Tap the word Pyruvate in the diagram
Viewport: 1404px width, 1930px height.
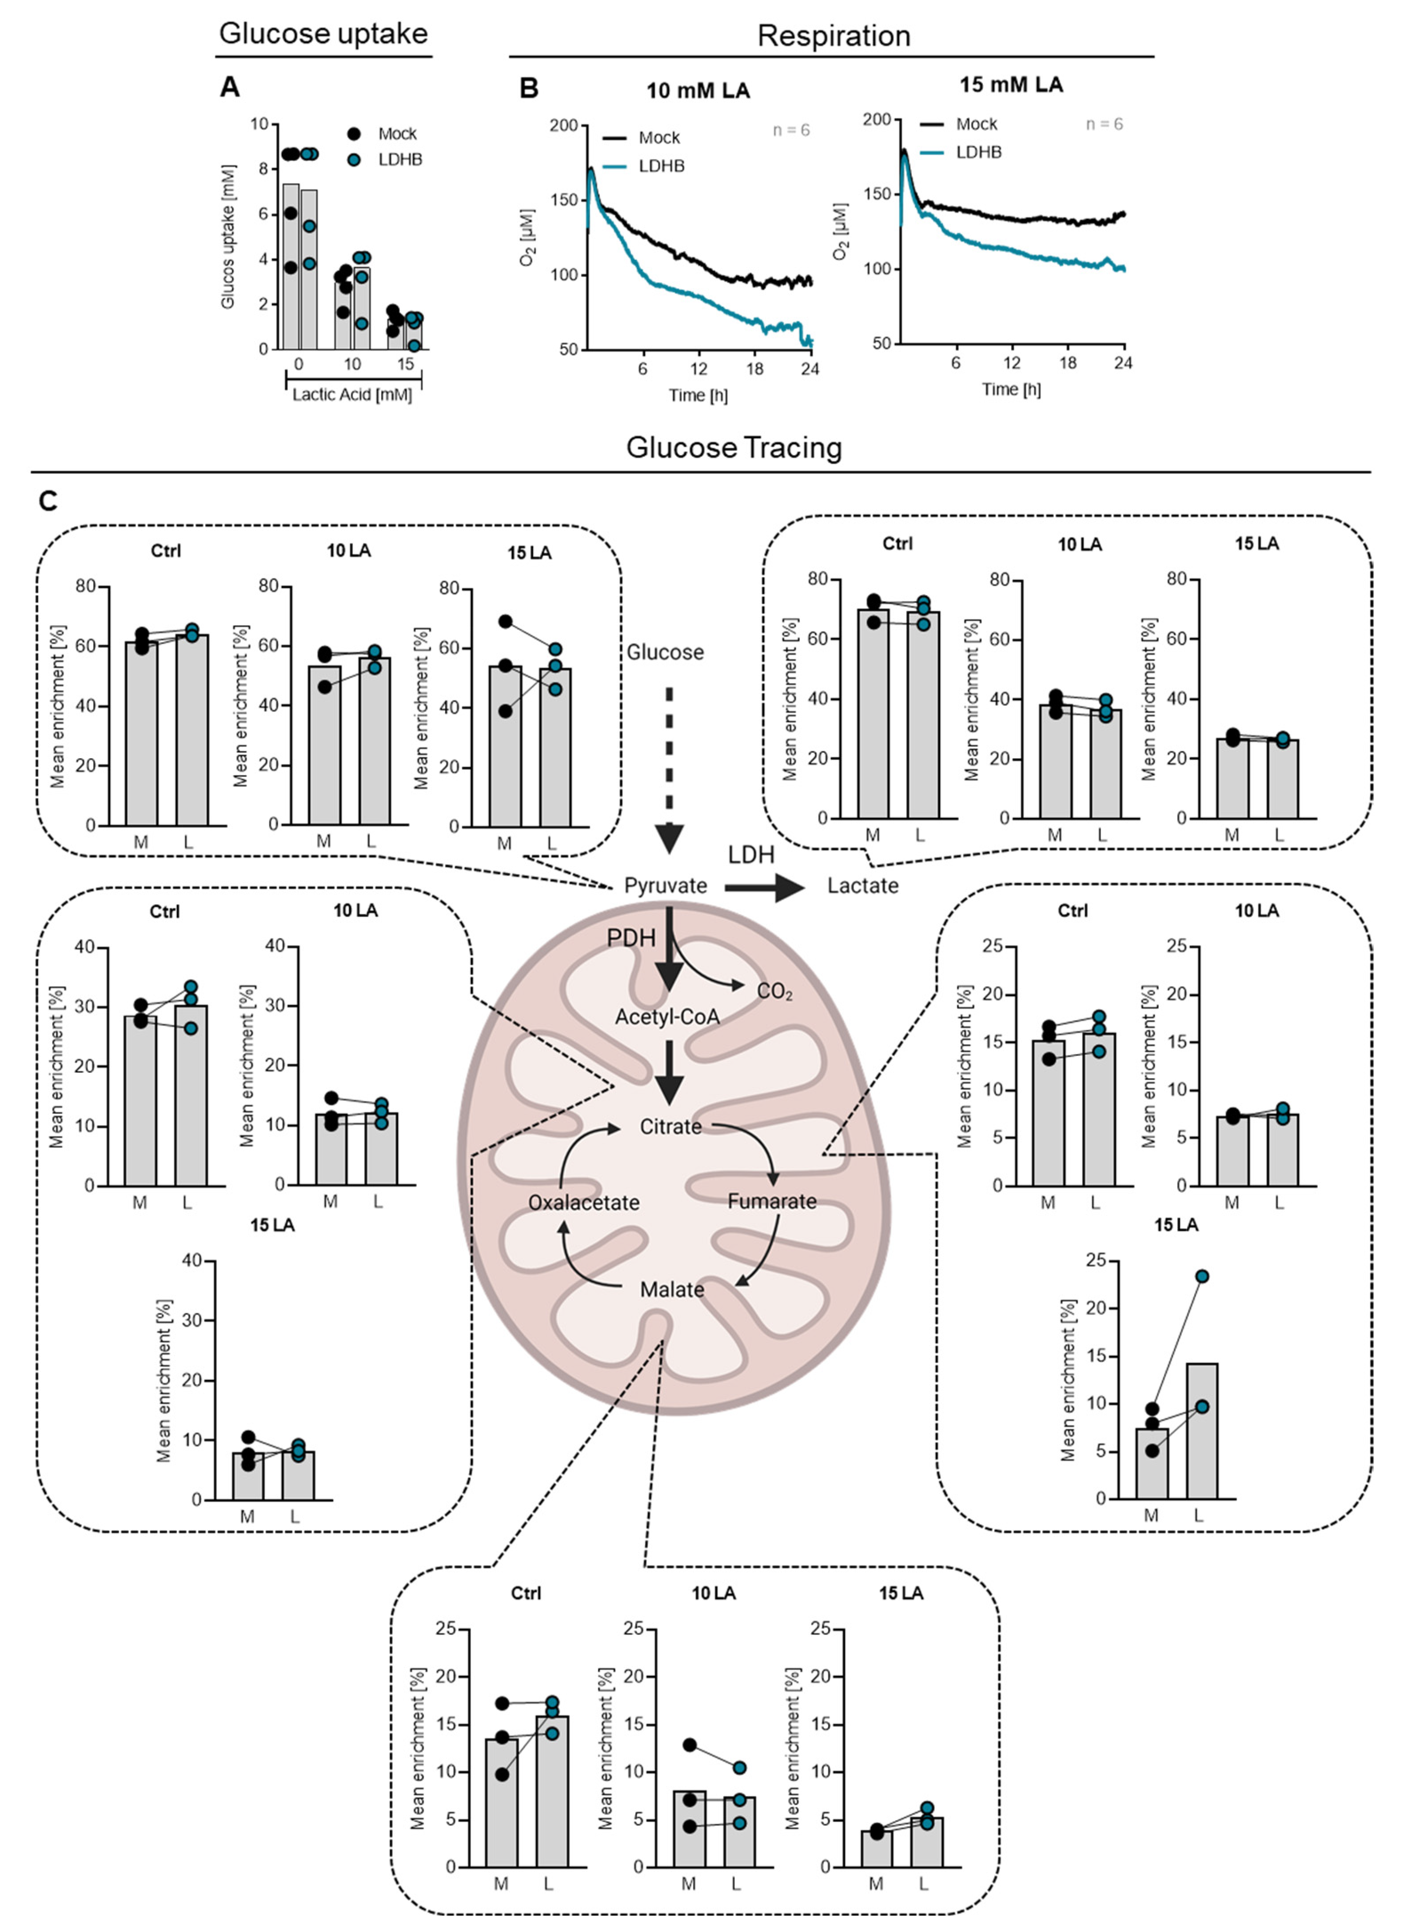click(x=666, y=886)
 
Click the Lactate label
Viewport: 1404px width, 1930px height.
click(x=863, y=886)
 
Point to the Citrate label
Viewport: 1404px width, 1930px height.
click(x=670, y=1127)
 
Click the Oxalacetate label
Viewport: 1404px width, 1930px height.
click(x=584, y=1203)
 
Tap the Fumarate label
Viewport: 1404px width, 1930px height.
click(x=772, y=1201)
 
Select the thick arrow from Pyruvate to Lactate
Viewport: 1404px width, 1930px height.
click(x=763, y=887)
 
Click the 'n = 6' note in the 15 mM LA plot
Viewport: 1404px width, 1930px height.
click(x=1104, y=124)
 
